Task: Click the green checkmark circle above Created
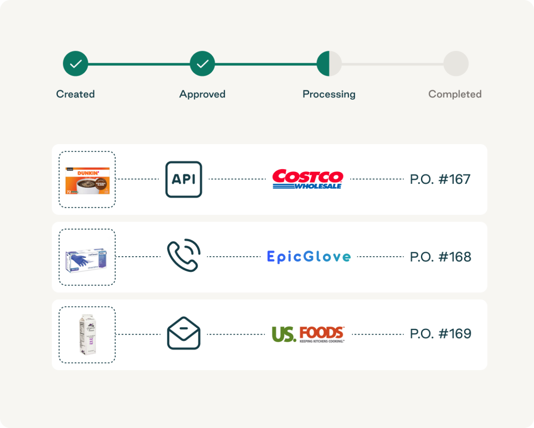[x=76, y=64]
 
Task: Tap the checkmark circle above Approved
[x=202, y=64]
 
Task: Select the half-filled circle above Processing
[x=329, y=64]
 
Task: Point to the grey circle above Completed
[x=456, y=64]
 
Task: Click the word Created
[x=76, y=94]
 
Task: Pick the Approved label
[x=202, y=94]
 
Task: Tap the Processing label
[x=329, y=94]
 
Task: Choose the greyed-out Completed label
[x=455, y=94]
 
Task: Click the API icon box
[x=184, y=179]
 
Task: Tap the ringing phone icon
[x=184, y=256]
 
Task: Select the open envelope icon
[x=184, y=333]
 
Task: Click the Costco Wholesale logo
[x=307, y=179]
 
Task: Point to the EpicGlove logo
[x=309, y=257]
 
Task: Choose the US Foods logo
[x=308, y=334]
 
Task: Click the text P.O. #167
[x=440, y=179]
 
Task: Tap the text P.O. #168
[x=440, y=257]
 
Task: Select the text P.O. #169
[x=440, y=334]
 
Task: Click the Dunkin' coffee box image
[x=87, y=180]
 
